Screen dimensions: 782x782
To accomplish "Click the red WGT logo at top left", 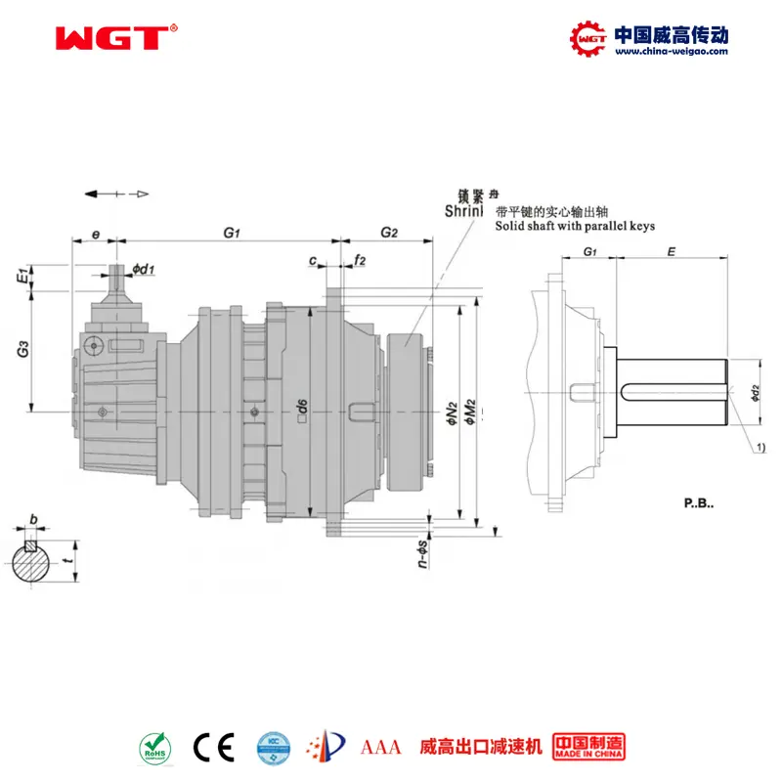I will (x=111, y=38).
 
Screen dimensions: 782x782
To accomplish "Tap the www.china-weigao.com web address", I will (x=671, y=52).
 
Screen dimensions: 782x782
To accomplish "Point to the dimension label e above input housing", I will (x=95, y=235).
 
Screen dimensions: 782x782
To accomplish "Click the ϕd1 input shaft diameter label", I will (x=144, y=269).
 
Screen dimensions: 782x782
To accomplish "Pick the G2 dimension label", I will (x=389, y=233).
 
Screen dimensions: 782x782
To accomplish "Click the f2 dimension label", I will (x=361, y=260).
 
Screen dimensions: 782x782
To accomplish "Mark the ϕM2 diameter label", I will (x=469, y=406).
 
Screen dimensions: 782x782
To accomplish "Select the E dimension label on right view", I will (x=670, y=251).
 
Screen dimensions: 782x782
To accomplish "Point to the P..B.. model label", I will (x=699, y=504).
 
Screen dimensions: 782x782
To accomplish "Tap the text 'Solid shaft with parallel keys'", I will (x=575, y=226).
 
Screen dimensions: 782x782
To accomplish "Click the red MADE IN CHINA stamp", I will (x=587, y=747).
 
